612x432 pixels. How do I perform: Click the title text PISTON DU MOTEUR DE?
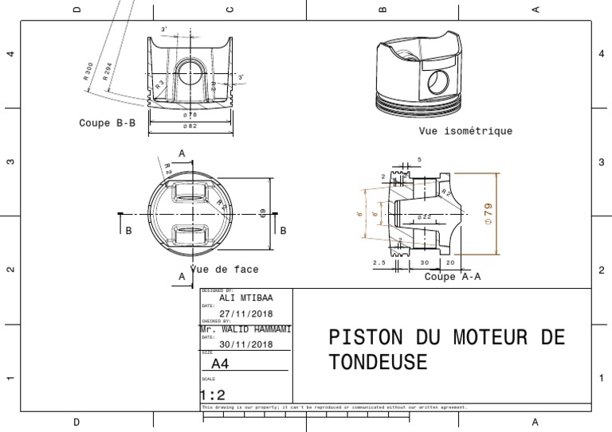click(446, 337)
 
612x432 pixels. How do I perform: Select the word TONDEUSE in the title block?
click(378, 363)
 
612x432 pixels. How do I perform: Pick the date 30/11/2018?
click(246, 344)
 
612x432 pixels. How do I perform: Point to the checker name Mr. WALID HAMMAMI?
click(245, 329)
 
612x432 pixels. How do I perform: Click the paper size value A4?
click(219, 364)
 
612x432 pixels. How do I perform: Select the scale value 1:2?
click(212, 395)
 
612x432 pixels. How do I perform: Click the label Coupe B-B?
click(107, 123)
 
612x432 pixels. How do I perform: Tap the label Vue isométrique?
click(465, 131)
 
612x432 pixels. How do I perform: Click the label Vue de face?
click(225, 270)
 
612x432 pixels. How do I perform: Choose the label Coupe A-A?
click(453, 277)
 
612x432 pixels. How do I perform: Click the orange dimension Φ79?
click(488, 214)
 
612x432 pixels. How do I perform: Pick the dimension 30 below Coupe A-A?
click(425, 262)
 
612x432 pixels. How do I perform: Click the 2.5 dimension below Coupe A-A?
click(379, 262)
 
